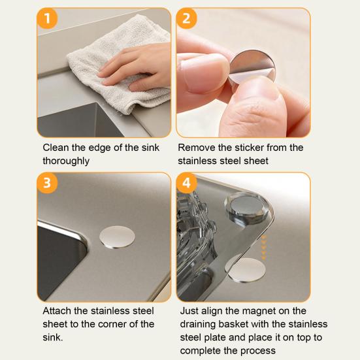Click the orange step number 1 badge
pos(47,18)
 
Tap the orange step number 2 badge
pos(186,18)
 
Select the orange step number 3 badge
pos(47,183)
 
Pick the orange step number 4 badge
pos(186,183)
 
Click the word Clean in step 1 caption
pos(56,148)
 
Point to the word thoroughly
pos(66,161)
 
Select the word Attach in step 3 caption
pos(57,311)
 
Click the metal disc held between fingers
pos(252,68)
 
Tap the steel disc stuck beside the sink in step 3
pos(118,237)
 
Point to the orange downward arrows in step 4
pos(263,247)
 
